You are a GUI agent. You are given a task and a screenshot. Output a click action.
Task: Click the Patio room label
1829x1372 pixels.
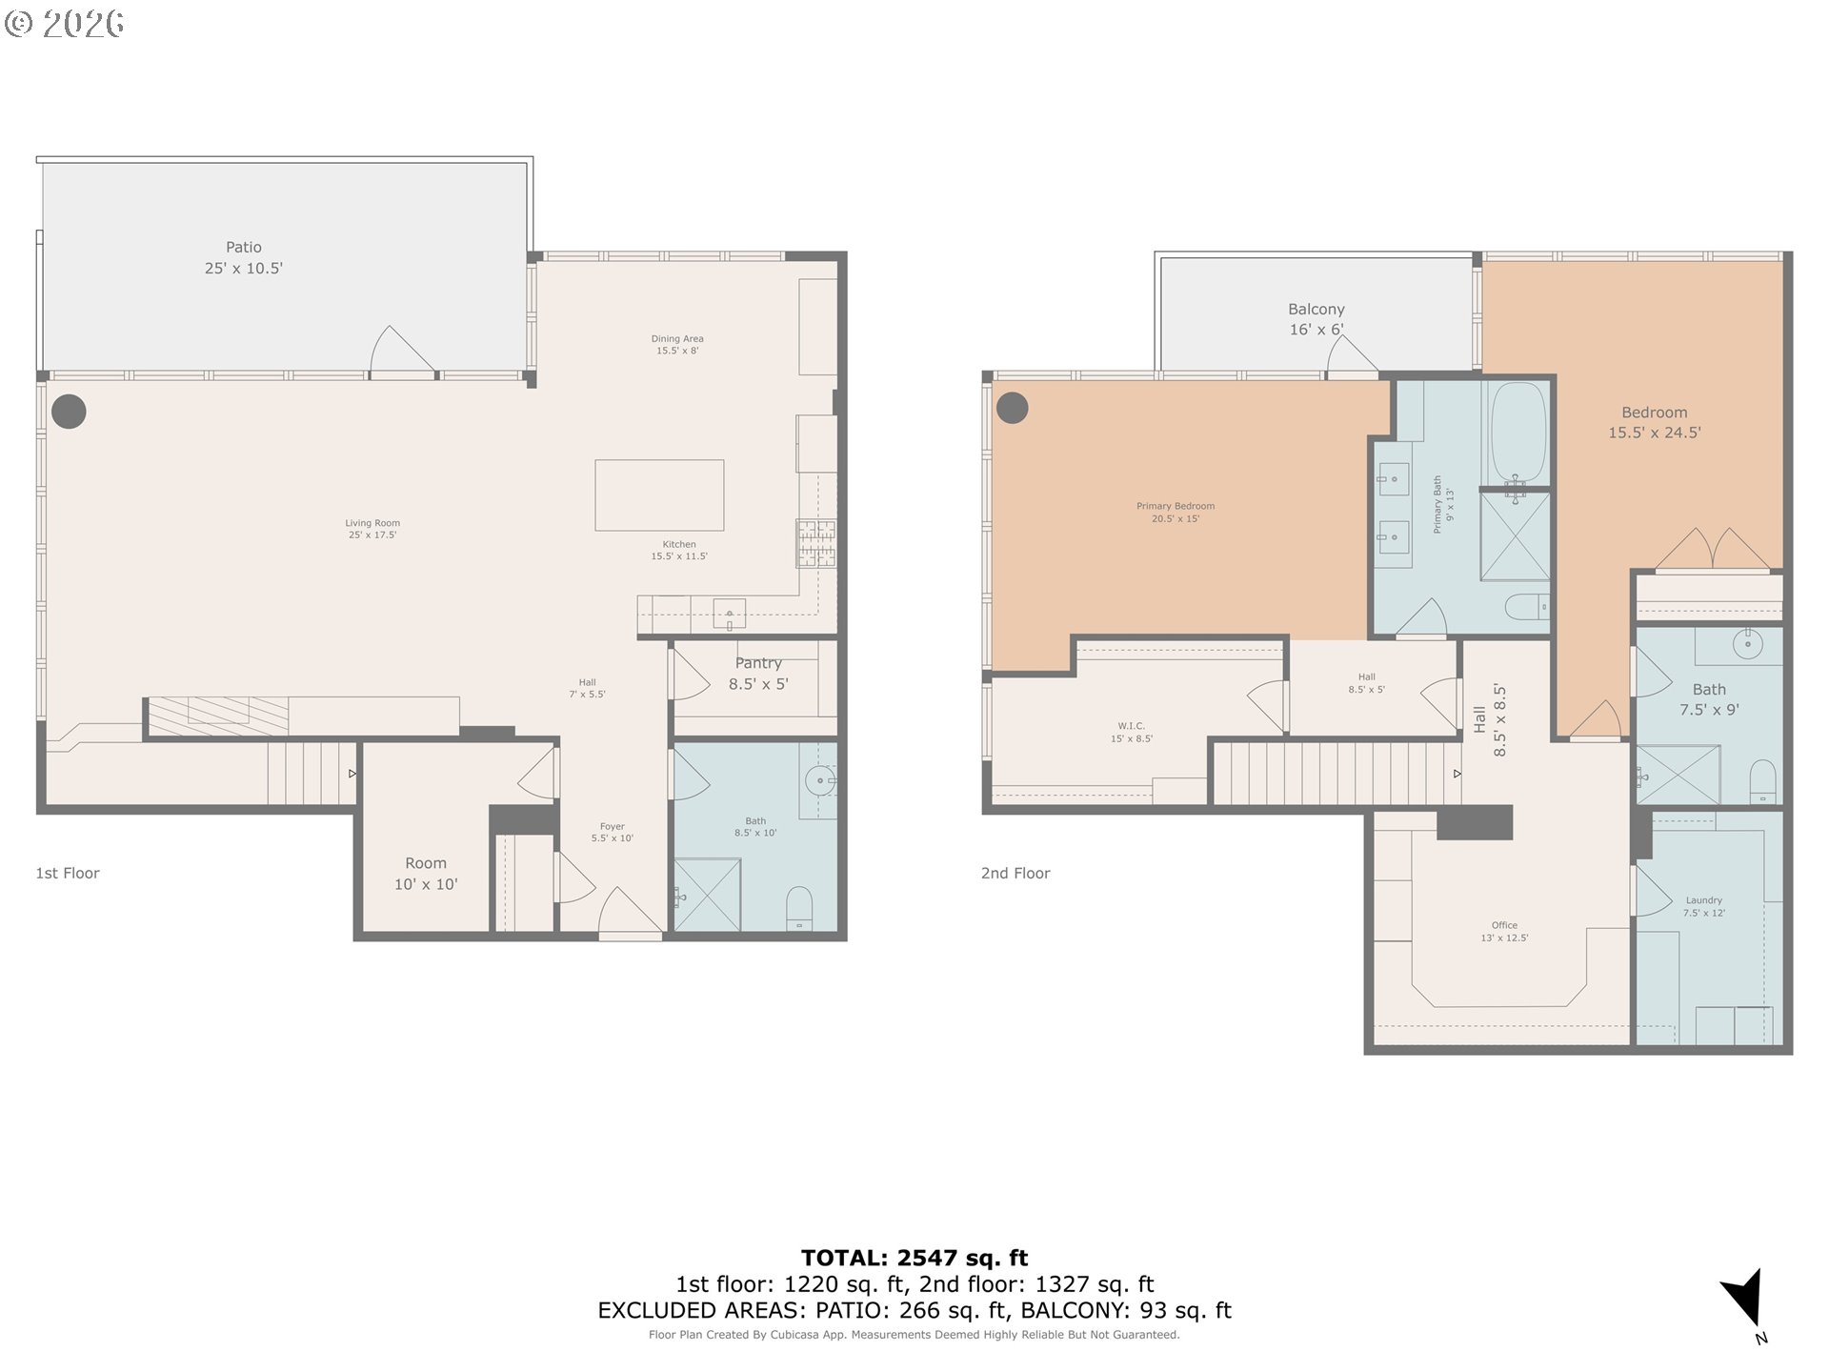(x=243, y=258)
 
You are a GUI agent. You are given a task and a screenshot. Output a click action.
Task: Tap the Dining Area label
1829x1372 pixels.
(x=677, y=345)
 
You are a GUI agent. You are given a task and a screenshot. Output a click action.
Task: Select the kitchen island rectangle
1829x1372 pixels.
(x=659, y=495)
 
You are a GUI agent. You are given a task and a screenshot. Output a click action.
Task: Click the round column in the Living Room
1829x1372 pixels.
(x=69, y=412)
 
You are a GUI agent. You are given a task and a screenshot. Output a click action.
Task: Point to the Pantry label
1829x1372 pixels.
(x=758, y=674)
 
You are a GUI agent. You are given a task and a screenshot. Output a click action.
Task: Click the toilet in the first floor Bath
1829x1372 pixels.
(x=799, y=908)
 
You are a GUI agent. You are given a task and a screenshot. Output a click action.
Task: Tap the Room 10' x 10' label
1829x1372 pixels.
(x=426, y=874)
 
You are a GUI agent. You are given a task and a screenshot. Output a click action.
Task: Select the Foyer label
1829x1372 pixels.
(x=612, y=833)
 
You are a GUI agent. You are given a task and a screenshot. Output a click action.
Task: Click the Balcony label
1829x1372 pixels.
(x=1316, y=319)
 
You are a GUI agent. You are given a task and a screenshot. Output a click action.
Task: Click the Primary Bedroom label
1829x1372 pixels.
(x=1176, y=513)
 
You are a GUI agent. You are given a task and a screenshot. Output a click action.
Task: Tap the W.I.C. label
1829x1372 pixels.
(x=1131, y=732)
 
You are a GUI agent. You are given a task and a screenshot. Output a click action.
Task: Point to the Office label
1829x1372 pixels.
(x=1504, y=931)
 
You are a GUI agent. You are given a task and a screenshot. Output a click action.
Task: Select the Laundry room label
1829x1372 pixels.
(x=1703, y=906)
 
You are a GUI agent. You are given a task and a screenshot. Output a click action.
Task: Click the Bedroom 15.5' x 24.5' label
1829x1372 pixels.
(x=1655, y=422)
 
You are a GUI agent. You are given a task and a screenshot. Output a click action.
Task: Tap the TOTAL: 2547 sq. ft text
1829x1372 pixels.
(x=914, y=1258)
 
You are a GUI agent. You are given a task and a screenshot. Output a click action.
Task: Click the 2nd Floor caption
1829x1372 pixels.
(x=1015, y=874)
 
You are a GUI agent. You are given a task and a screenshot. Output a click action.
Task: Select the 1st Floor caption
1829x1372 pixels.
(x=68, y=874)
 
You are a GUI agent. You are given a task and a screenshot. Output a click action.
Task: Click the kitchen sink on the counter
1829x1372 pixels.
(x=730, y=613)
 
